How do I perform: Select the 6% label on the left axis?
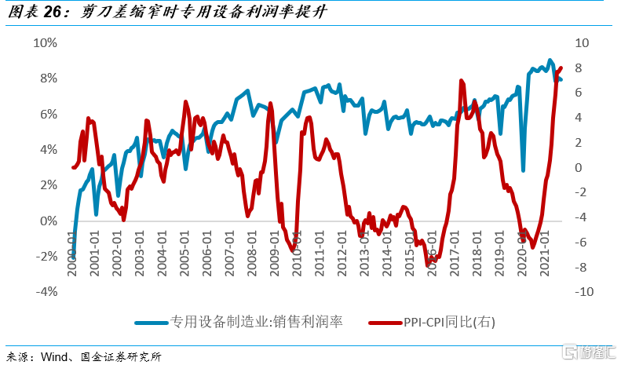point(47,114)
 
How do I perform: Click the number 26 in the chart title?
point(52,13)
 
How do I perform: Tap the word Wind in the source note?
point(53,356)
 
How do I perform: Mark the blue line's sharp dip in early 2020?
point(523,170)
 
